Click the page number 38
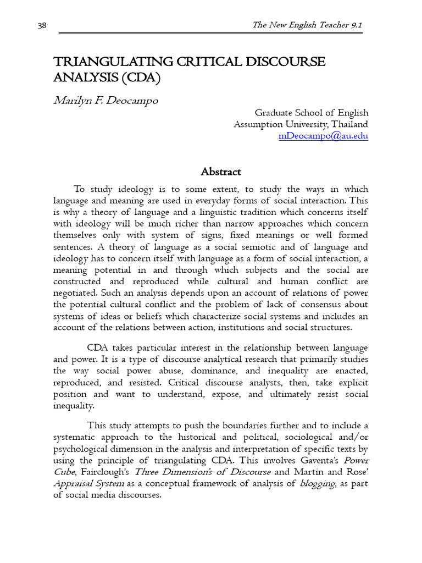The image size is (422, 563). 42,25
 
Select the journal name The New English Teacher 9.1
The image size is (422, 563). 307,25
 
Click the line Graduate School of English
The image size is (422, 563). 311,113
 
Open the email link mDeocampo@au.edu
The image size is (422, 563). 323,136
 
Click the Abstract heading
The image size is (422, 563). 221,172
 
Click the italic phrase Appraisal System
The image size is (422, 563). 89,483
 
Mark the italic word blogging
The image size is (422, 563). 317,483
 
